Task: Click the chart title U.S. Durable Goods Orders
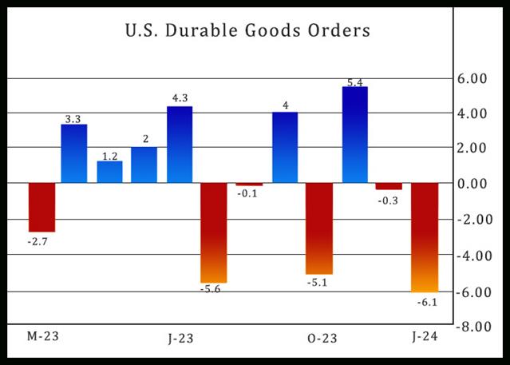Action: (x=247, y=32)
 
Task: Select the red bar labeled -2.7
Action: (x=42, y=207)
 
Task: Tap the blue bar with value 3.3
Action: (x=74, y=153)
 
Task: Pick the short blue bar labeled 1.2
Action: (x=109, y=172)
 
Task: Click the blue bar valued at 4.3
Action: (x=180, y=145)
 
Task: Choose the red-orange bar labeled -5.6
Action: (x=214, y=232)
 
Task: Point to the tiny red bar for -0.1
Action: (x=249, y=184)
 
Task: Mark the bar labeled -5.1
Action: (x=319, y=228)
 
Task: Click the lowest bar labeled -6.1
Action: (x=424, y=237)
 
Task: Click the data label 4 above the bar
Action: (x=285, y=105)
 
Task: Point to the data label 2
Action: (x=144, y=139)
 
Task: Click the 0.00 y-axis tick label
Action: (x=478, y=184)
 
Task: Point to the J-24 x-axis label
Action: (x=425, y=336)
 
